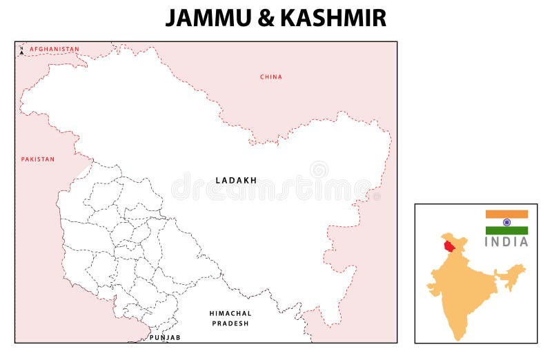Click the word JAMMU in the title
[x=207, y=18]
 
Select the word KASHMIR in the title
[x=332, y=18]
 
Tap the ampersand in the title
[x=265, y=18]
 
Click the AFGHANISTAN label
[x=54, y=50]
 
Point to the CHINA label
[x=271, y=77]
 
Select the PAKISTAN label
[x=37, y=159]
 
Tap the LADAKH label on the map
[x=236, y=181]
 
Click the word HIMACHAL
[x=230, y=313]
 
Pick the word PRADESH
[x=230, y=323]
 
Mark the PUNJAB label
[x=165, y=337]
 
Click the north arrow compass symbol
[x=21, y=51]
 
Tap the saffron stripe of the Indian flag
[x=506, y=214]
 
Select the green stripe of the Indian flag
[x=506, y=230]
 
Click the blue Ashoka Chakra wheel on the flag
[x=506, y=222]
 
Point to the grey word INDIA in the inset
[x=506, y=242]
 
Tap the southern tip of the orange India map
[x=458, y=337]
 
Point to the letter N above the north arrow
[x=21, y=47]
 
